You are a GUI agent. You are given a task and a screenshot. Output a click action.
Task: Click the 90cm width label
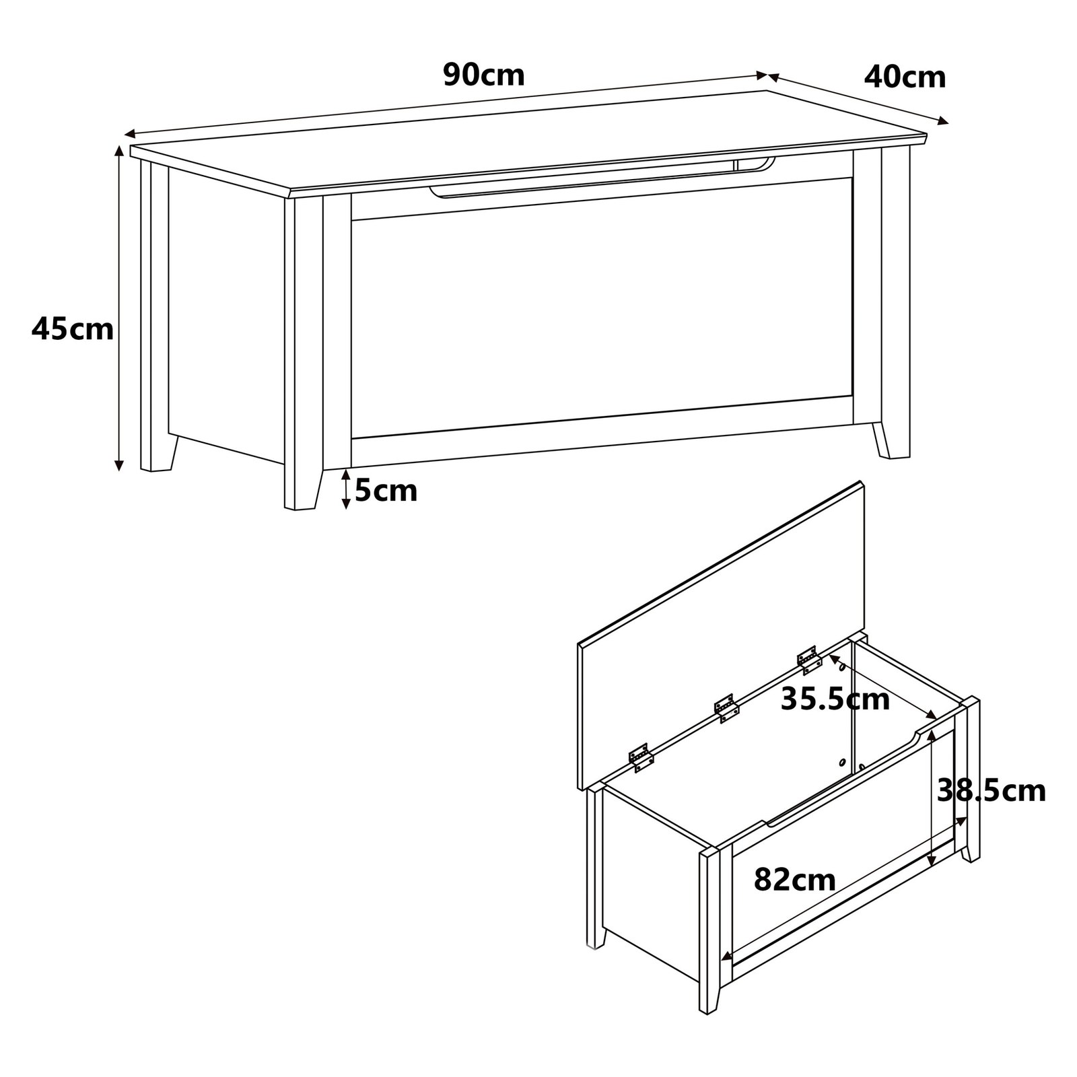tap(484, 75)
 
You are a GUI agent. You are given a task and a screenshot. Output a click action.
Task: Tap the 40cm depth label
tap(905, 77)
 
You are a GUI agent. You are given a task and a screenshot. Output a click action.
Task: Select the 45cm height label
tap(73, 329)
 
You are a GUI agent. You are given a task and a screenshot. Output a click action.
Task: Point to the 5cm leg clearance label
tap(386, 491)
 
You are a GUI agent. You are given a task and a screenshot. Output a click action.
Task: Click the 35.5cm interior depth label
tap(835, 699)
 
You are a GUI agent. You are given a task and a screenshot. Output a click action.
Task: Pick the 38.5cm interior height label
tap(992, 790)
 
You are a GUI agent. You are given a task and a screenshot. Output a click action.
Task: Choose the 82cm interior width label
tap(794, 879)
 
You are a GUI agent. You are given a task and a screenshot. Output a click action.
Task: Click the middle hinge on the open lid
tap(726, 708)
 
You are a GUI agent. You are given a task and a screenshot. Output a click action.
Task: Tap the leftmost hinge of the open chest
tap(641, 757)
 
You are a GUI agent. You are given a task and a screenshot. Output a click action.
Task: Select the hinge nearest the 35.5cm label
tap(810, 660)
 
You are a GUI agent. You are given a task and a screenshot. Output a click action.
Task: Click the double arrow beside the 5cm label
tap(345, 489)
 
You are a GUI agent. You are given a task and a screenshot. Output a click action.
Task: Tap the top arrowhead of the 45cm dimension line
tap(118, 150)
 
